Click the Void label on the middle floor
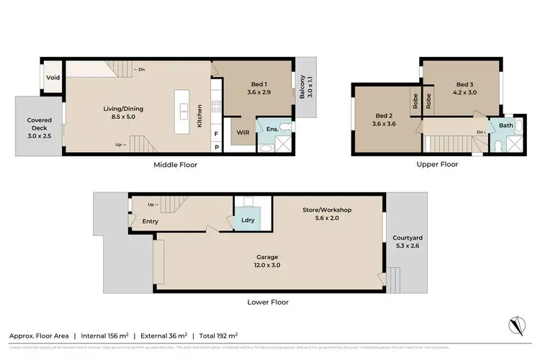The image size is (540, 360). (53, 78)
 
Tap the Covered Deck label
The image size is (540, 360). (39, 125)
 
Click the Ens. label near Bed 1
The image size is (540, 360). (272, 129)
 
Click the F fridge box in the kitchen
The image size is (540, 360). (217, 134)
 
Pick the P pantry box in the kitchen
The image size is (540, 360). (217, 147)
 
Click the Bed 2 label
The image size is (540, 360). (383, 115)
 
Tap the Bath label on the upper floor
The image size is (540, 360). (505, 125)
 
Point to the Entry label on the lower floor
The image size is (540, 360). (150, 221)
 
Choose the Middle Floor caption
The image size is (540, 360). (175, 165)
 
